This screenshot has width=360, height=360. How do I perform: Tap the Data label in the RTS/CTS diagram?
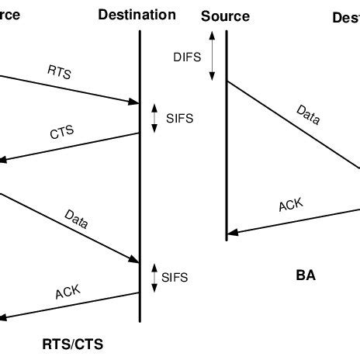[x=76, y=220]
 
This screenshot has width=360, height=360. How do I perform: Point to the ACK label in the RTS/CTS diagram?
[x=67, y=292]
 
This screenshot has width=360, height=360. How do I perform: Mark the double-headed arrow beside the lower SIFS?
[x=153, y=275]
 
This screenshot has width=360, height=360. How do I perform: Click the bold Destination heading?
[x=137, y=16]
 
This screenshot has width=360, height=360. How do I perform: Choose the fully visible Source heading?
[x=225, y=16]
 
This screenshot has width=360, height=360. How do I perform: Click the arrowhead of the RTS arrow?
[x=133, y=102]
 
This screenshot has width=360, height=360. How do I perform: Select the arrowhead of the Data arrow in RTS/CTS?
[x=133, y=260]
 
